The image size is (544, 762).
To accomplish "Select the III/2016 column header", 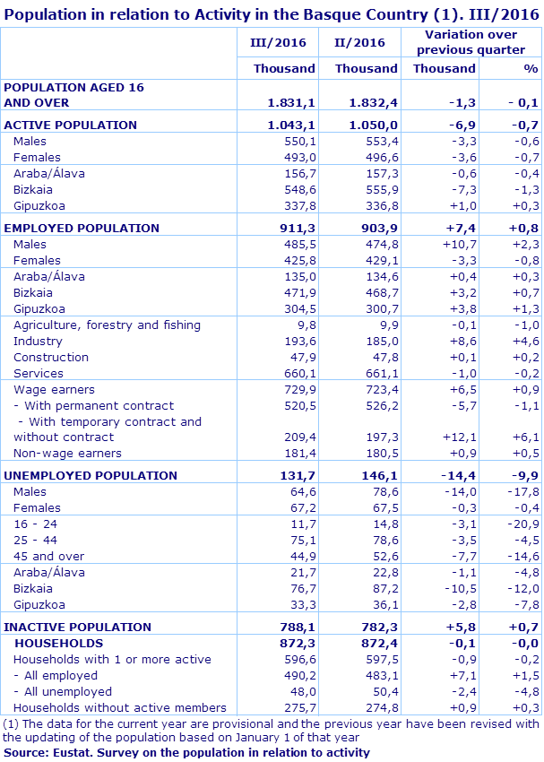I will pyautogui.click(x=279, y=42).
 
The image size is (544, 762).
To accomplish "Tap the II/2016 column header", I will pyautogui.click(x=359, y=42).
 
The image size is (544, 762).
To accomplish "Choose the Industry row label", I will pyautogui.click(x=38, y=341).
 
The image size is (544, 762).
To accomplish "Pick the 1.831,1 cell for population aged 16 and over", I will pyautogui.click(x=291, y=103).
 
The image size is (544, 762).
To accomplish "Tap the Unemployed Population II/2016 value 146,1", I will pyautogui.click(x=380, y=475).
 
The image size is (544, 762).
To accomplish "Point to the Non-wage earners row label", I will pyautogui.click(x=67, y=454).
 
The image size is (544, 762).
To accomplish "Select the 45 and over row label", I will pyautogui.click(x=49, y=556).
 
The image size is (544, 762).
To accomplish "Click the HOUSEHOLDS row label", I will pyautogui.click(x=59, y=643).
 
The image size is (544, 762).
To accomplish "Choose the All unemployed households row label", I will pyautogui.click(x=63, y=691).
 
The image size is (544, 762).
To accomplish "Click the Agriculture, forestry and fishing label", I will pyautogui.click(x=107, y=325).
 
